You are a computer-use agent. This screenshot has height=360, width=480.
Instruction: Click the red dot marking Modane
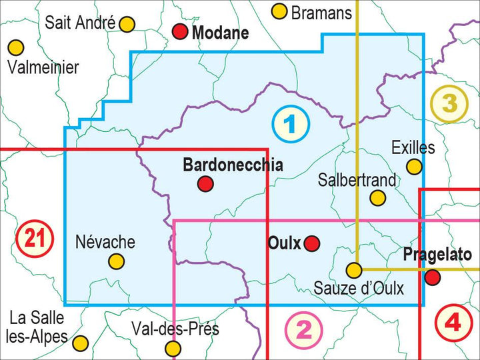coord(180,31)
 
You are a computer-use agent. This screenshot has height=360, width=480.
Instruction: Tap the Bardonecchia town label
coord(233,165)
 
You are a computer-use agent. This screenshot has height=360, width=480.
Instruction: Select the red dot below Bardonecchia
coord(205,184)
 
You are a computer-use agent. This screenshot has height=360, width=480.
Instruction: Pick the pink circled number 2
coord(303,329)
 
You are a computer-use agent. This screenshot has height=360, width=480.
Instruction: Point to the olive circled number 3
coord(449,103)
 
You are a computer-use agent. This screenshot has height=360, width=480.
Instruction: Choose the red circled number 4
coord(453,323)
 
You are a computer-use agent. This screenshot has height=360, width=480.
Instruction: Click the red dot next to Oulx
coord(311,244)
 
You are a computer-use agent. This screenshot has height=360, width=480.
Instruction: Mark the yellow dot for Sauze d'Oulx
coord(354,270)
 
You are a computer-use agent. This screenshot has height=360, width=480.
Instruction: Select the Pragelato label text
coord(437,255)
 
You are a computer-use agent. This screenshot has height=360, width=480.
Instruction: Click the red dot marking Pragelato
coord(433,277)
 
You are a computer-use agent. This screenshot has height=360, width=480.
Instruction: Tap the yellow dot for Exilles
coord(415,166)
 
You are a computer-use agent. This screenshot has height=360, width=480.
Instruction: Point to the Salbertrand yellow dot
coord(377,198)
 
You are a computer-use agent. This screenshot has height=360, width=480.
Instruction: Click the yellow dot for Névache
coord(117,261)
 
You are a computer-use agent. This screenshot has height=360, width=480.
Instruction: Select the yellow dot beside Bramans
coord(279,11)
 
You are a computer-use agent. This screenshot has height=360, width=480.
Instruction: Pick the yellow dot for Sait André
coord(127,24)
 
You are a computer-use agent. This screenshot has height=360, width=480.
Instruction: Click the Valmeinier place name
coord(43,67)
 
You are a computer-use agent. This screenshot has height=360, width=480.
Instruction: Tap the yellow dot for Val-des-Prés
coord(173,347)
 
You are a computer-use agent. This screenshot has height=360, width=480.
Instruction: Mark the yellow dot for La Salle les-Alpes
coord(80,343)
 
